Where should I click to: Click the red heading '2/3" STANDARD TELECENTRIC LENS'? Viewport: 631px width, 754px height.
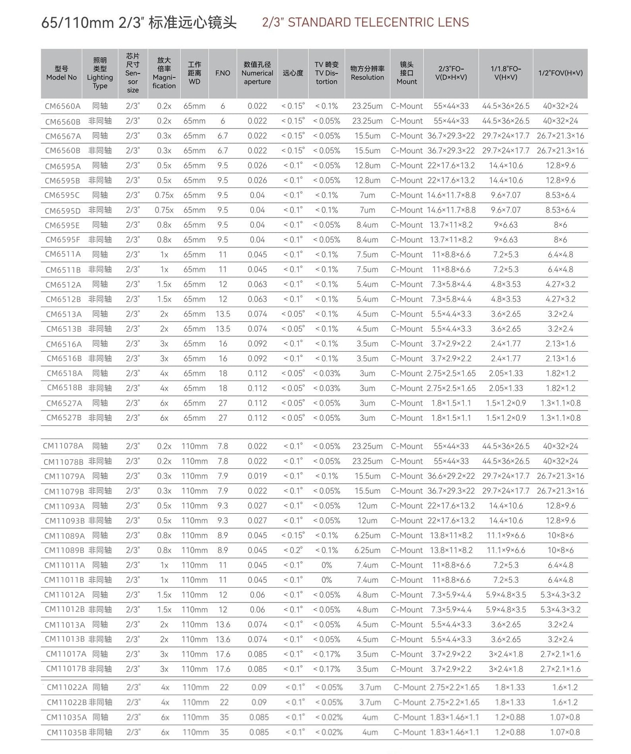coord(365,22)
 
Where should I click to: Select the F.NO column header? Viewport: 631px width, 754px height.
coord(223,73)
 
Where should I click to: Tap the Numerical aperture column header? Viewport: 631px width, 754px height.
coord(257,73)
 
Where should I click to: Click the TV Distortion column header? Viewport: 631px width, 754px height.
coord(327,73)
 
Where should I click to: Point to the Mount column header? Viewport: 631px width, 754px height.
coord(407,73)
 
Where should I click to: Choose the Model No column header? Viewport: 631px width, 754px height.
coord(62,73)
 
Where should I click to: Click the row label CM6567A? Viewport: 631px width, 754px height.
coord(63,136)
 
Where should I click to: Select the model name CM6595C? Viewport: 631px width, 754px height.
coord(62,195)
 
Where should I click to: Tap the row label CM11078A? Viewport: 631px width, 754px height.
coord(63,446)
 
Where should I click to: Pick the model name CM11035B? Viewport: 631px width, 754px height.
coord(67,732)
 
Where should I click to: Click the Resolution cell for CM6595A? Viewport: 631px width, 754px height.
coord(367,166)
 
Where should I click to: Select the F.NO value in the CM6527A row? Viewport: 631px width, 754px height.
coord(223,403)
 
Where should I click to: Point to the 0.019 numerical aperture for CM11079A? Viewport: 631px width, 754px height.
coord(257,476)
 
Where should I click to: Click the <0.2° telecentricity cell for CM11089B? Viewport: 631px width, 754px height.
coord(293,550)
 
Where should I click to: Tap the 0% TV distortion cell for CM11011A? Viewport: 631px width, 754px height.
coord(327,565)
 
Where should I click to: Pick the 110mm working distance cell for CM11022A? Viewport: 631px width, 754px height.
coord(196,687)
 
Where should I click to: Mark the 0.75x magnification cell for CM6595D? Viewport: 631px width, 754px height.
coord(164,210)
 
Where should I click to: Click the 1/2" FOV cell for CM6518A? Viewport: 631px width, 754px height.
coord(560,374)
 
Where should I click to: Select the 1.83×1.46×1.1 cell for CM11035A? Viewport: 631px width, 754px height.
coord(454,717)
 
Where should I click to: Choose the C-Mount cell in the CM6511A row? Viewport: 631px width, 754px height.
coord(407,255)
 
